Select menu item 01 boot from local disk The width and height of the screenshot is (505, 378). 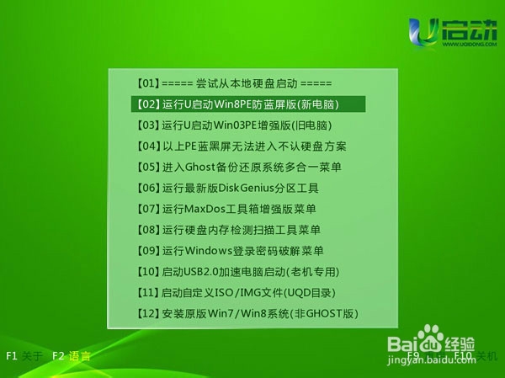click(234, 83)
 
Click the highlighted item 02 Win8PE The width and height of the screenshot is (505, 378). click(248, 104)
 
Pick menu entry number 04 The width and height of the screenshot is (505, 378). click(241, 146)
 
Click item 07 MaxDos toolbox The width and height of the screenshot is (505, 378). click(226, 209)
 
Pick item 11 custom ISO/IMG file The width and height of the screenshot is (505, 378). click(237, 293)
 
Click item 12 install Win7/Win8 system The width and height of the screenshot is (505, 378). click(247, 314)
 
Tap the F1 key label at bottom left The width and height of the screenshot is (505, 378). click(12, 356)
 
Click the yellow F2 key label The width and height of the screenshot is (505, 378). click(58, 356)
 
